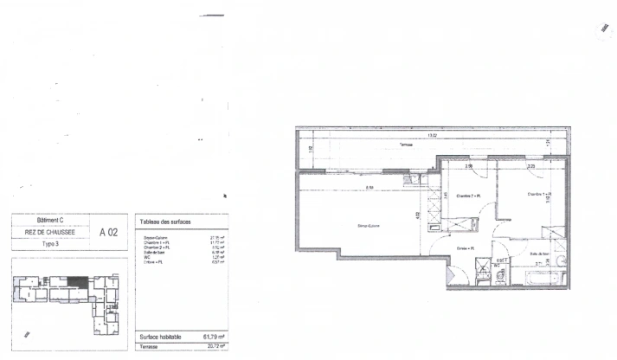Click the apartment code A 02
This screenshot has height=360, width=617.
pyautogui.click(x=109, y=231)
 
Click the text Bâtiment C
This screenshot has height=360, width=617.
pyautogui.click(x=48, y=222)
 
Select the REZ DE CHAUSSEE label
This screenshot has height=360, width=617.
pyautogui.click(x=48, y=232)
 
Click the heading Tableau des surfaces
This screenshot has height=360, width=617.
pyautogui.click(x=165, y=222)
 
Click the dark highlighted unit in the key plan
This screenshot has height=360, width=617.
pyautogui.click(x=79, y=281)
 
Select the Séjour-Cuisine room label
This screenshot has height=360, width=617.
pyautogui.click(x=370, y=227)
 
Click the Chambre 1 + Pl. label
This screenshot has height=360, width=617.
pyautogui.click(x=539, y=195)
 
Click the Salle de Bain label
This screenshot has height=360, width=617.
pyautogui.click(x=537, y=254)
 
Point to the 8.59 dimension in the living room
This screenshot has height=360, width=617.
pyautogui.click(x=369, y=188)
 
